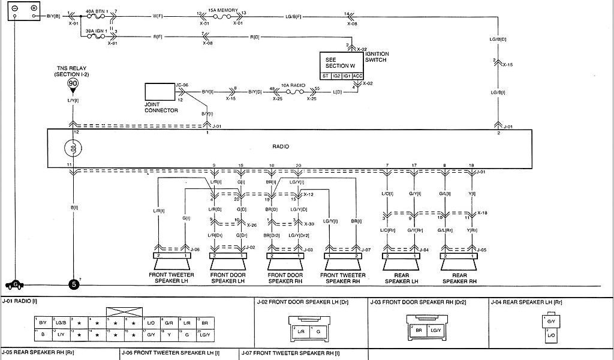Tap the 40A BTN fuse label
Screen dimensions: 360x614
97,11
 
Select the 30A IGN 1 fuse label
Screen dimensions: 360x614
97,31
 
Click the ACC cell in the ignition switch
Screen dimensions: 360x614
357,76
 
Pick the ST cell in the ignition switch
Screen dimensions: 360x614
326,76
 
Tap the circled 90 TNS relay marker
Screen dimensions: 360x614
73,83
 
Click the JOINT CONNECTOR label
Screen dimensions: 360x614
161,108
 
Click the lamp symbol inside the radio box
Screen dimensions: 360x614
73,148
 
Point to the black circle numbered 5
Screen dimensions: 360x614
74,284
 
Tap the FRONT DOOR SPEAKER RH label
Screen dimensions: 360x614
285,278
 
